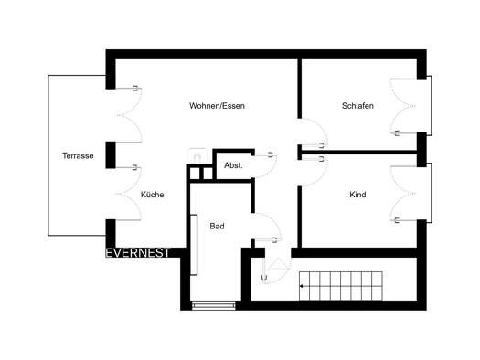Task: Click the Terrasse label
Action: (78, 155)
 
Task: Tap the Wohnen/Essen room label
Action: (217, 106)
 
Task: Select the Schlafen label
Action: (357, 106)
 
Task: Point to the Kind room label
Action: (357, 195)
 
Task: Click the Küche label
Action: (152, 195)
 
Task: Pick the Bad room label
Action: (217, 227)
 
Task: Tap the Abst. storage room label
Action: (233, 165)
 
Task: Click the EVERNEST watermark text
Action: (137, 253)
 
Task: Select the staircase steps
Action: (341, 286)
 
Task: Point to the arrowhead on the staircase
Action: (301, 286)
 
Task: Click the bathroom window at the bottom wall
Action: (214, 305)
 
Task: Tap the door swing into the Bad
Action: (266, 227)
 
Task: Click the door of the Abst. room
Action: (265, 165)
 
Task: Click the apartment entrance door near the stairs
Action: (276, 270)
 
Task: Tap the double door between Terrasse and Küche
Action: (129, 194)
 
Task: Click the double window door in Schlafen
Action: (404, 106)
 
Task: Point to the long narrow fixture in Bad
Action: (194, 245)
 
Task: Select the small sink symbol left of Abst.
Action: (197, 155)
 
